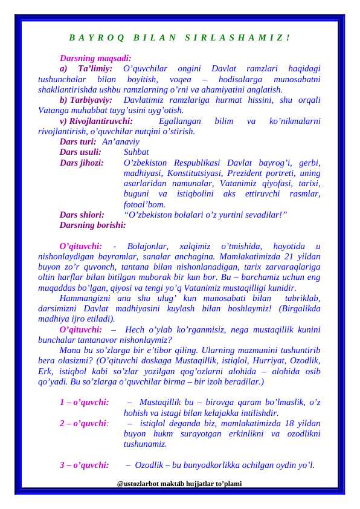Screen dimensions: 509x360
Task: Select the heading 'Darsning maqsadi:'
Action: coord(95,59)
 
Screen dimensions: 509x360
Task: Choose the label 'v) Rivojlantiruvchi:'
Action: coord(97,121)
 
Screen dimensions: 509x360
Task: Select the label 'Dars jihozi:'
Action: coord(82,163)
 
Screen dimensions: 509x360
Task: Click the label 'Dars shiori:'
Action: coord(82,214)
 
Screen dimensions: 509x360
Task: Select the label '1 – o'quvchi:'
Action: coord(84,403)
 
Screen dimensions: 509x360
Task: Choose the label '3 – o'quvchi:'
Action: coord(84,465)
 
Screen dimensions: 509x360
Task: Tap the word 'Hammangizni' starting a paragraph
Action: coord(85,298)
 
